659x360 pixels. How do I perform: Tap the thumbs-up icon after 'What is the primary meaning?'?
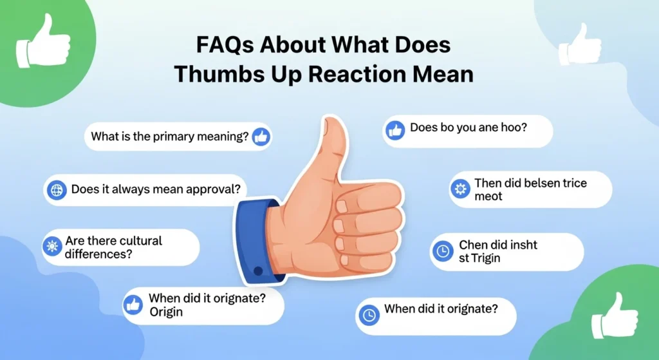[x=261, y=137]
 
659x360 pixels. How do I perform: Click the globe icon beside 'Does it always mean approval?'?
[x=57, y=190]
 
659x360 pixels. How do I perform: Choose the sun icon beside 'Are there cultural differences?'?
[x=51, y=247]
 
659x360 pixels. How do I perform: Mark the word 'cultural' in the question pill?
[x=137, y=241]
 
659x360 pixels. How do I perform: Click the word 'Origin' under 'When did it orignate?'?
[x=166, y=312]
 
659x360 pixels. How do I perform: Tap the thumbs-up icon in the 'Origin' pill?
[x=133, y=305]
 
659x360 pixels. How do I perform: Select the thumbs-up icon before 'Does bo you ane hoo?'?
[x=395, y=131]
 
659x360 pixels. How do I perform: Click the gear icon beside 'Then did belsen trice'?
[x=459, y=189]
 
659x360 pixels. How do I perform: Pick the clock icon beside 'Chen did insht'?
[x=442, y=252]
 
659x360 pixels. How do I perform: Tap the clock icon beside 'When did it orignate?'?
[x=369, y=315]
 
